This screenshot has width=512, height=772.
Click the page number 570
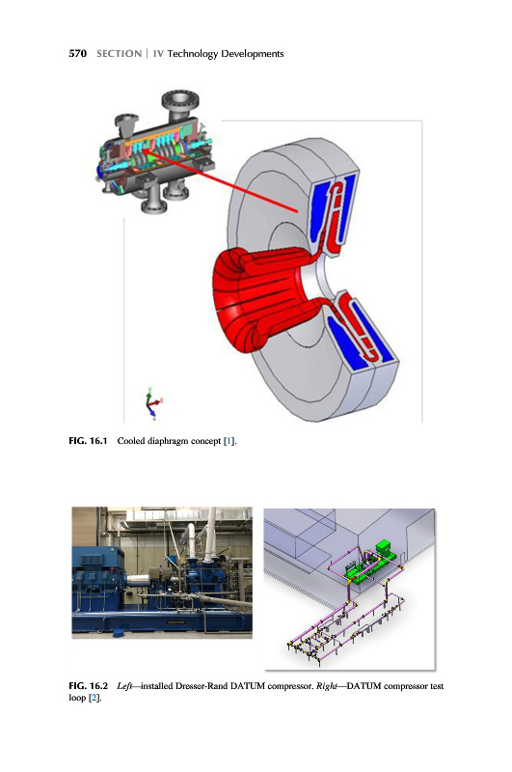point(78,54)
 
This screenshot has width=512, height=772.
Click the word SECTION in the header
point(119,54)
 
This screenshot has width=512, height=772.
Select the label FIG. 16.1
point(88,441)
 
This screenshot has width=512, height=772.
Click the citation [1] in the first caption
point(229,441)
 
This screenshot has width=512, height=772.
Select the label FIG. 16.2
point(88,686)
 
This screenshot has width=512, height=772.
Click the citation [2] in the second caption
point(94,698)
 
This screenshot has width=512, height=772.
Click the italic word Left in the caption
point(124,686)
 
